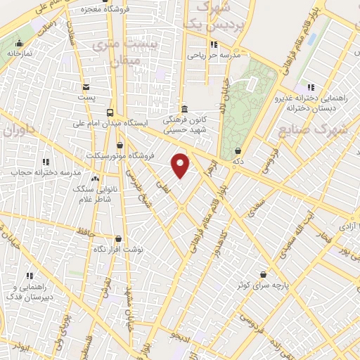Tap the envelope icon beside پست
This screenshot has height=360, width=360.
86,87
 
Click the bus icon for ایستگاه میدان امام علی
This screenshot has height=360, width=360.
110,112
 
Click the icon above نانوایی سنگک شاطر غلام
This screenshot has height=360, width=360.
94,179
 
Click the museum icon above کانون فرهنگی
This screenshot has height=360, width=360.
184,109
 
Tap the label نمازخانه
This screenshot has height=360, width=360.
21,53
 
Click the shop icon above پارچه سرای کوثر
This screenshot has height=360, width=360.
263,274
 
